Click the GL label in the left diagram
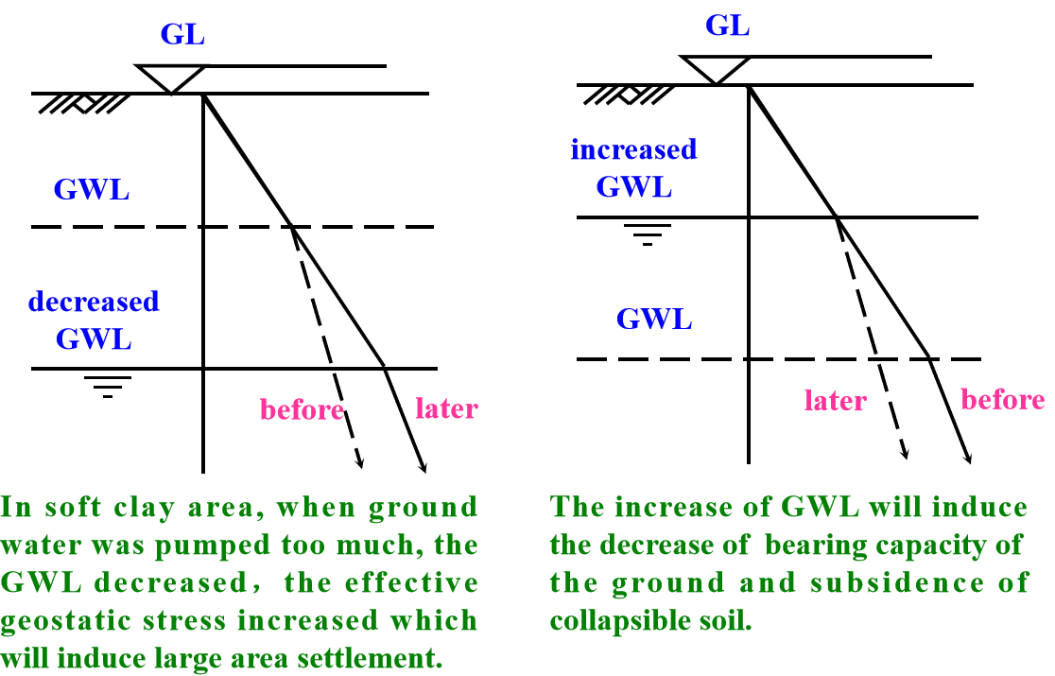(182, 36)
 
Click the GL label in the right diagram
(727, 26)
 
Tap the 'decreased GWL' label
(94, 320)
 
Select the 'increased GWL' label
(633, 167)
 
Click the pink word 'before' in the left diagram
(302, 410)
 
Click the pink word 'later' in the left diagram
(447, 408)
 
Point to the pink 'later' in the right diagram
(836, 401)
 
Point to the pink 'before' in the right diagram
(1002, 400)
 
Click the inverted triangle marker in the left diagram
(171, 78)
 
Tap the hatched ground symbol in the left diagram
(83, 103)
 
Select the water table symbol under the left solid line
(107, 386)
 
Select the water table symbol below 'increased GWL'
(649, 234)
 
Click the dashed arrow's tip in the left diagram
(360, 466)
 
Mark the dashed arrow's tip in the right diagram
(906, 457)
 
